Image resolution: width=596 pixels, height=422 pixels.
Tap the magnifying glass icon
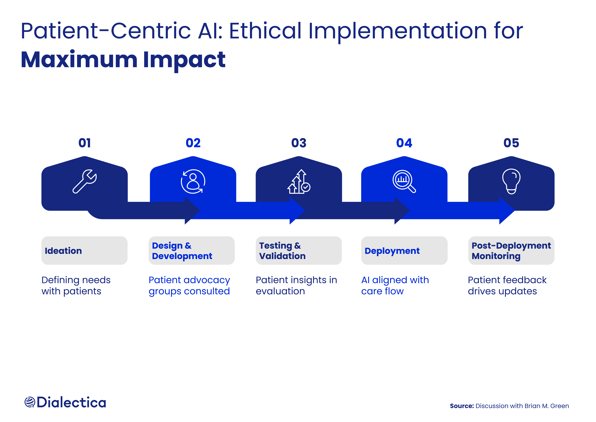(x=404, y=181)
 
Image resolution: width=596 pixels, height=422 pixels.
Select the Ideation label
(x=63, y=251)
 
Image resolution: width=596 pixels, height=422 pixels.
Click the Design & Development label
(x=182, y=251)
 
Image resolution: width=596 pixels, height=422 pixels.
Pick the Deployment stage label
(x=392, y=251)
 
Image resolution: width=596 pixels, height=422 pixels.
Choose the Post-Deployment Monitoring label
(x=511, y=251)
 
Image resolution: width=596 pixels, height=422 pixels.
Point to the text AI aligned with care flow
(x=395, y=285)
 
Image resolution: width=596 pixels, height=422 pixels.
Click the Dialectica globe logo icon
(x=30, y=402)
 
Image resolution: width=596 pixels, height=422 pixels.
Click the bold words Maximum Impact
(x=123, y=60)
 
